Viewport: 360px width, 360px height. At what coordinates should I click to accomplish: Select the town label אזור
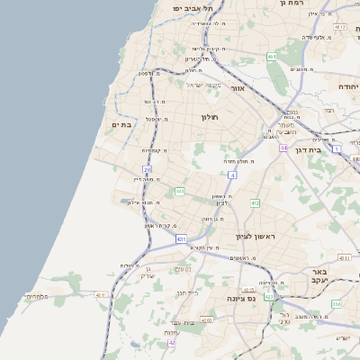click(238, 89)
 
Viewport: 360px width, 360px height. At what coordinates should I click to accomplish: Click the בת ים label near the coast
click(121, 123)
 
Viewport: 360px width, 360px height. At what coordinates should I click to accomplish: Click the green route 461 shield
click(271, 58)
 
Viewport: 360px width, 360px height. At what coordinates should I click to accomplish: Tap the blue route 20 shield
click(147, 169)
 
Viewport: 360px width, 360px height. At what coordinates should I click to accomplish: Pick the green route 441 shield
click(180, 191)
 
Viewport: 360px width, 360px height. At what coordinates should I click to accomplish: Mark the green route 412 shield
click(255, 203)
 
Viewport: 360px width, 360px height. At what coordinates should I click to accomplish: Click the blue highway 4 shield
click(232, 175)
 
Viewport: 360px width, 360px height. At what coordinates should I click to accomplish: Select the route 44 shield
click(283, 148)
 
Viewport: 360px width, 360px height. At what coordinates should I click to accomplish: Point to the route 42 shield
click(172, 343)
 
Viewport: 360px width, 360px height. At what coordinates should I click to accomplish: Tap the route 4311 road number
click(101, 294)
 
